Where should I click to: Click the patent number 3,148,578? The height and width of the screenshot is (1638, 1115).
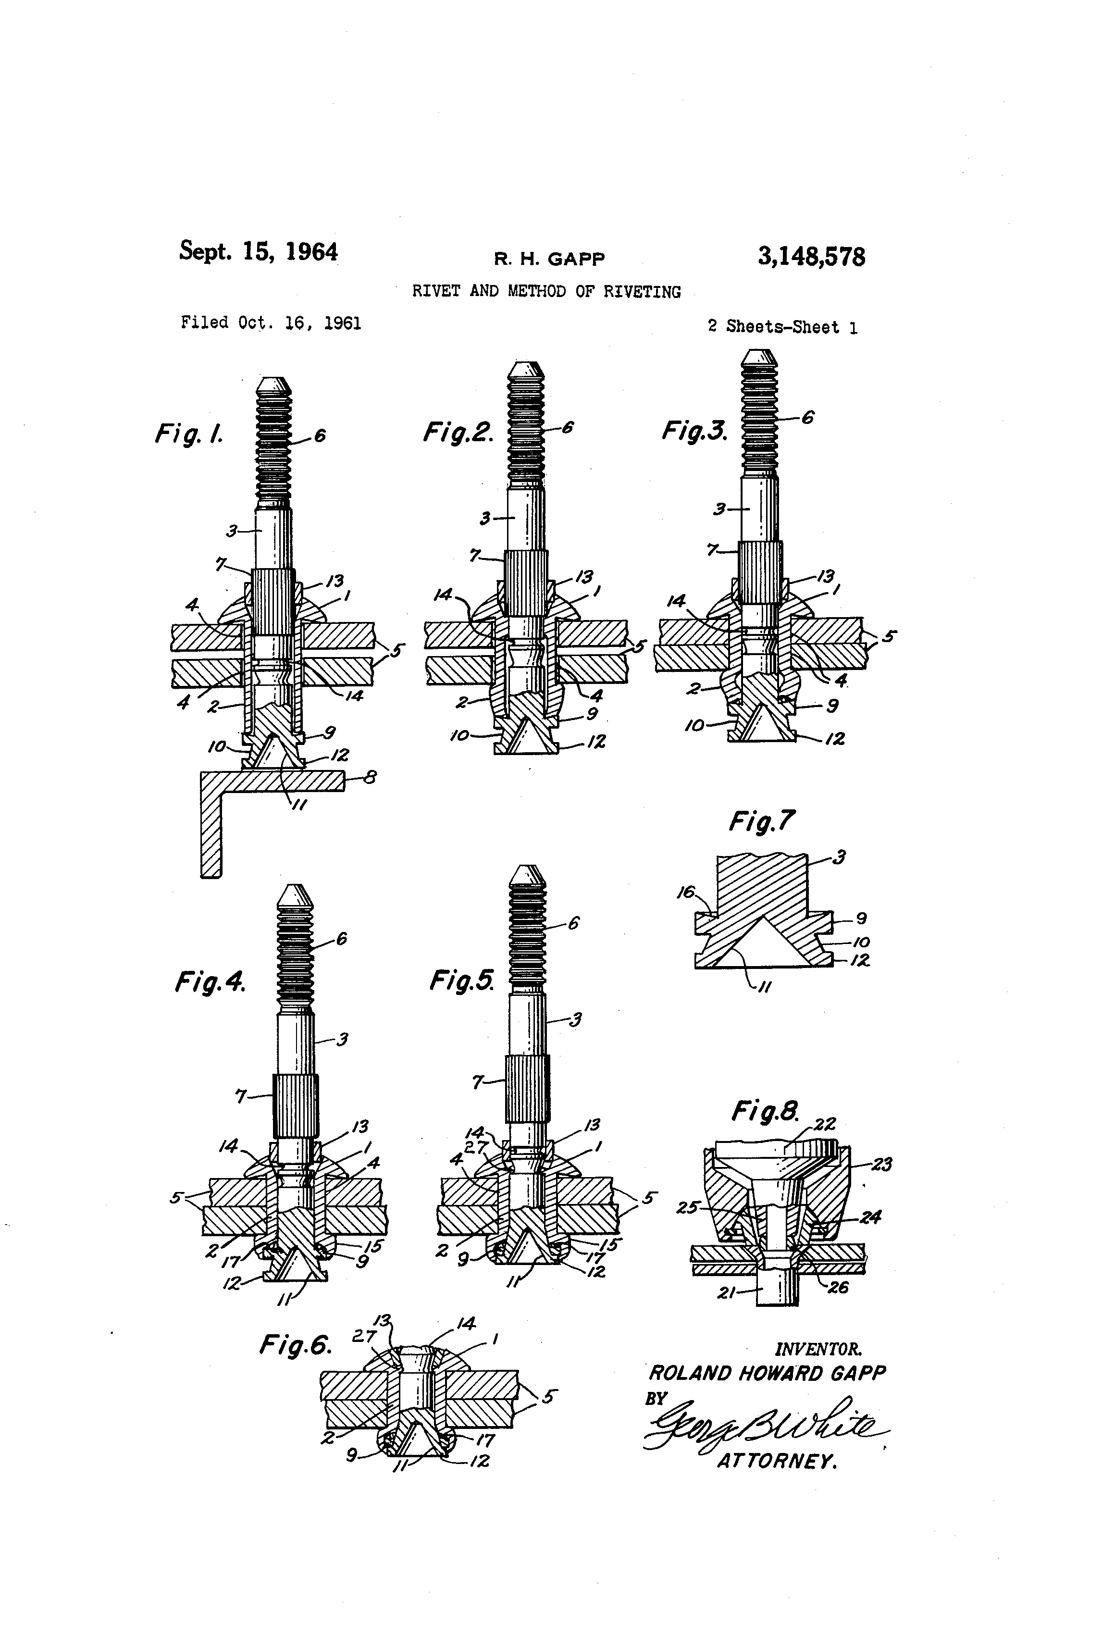click(x=811, y=257)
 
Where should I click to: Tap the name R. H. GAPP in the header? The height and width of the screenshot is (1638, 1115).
click(x=549, y=260)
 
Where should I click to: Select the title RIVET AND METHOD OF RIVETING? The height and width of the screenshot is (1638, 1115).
click(x=546, y=292)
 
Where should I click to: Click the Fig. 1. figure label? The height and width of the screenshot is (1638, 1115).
click(x=189, y=434)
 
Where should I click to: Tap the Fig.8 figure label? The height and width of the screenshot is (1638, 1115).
click(x=765, y=1112)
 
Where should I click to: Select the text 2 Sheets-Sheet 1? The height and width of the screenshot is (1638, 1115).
click(x=782, y=327)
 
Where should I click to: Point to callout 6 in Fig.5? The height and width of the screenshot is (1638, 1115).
click(x=573, y=923)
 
